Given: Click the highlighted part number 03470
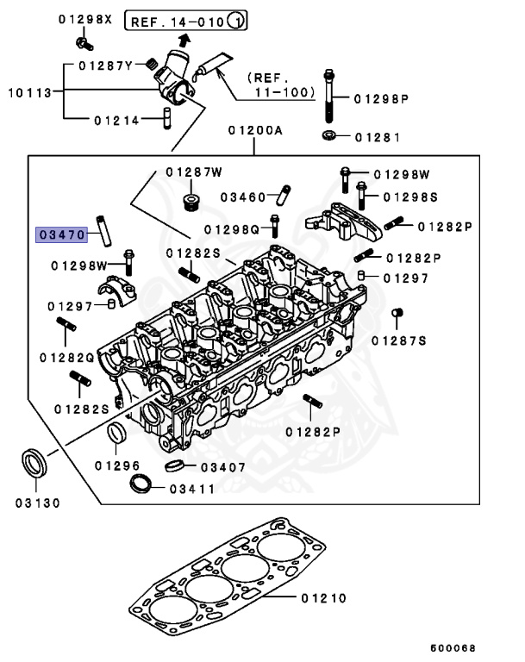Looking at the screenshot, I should pos(60,234).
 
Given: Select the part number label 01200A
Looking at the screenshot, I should pos(255,130).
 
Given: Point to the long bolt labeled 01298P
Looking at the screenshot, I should pos(329,97).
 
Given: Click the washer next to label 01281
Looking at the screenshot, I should pos(329,135).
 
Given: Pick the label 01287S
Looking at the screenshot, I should pos(399,340).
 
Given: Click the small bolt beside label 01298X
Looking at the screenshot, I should pos(83,41).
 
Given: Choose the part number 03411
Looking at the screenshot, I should pos(192,488).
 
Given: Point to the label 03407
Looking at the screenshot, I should pos(222,467).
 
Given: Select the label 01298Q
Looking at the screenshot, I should pos(232,229).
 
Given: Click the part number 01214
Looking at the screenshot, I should pos(116,120).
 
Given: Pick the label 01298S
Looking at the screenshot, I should pos(410,197).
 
